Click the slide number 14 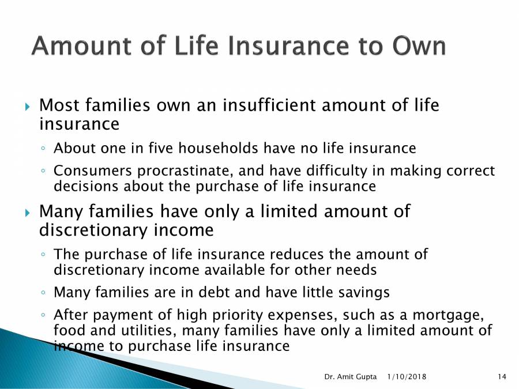[501, 377]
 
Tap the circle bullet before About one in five [44, 149]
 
